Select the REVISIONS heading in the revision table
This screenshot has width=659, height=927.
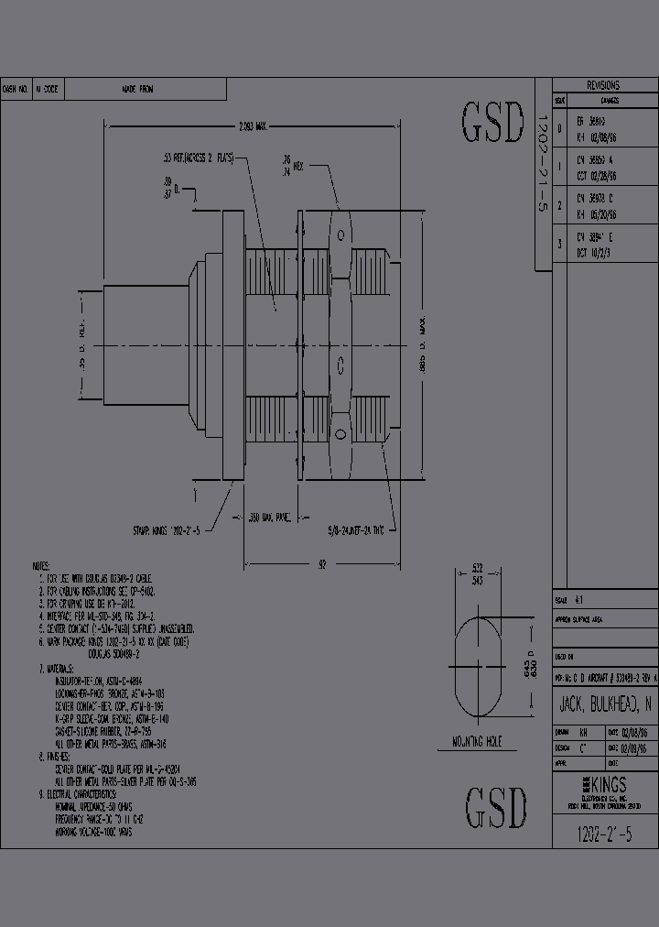[x=603, y=84]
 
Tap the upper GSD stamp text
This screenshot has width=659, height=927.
[x=493, y=123]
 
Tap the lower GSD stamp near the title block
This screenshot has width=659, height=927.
[x=497, y=807]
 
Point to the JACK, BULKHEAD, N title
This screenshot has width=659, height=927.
[x=605, y=705]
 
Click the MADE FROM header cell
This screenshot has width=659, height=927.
[x=138, y=90]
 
